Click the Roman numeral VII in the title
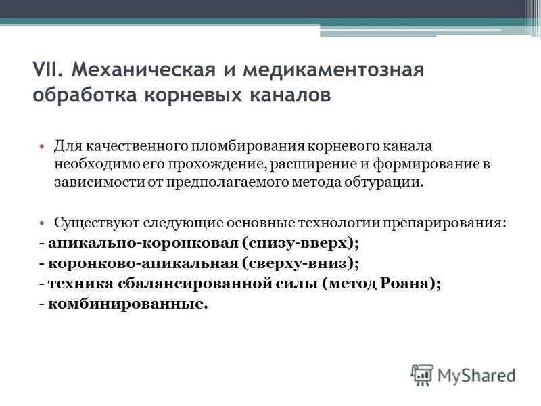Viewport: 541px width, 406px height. coord(47,69)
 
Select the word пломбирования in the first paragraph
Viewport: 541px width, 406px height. coord(253,146)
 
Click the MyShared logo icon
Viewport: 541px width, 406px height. coord(422,374)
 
